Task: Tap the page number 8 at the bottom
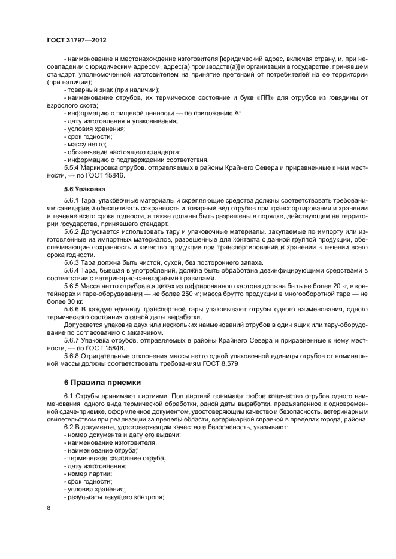pyautogui.click(x=49, y=508)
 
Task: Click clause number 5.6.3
pyautogui.click(x=74, y=262)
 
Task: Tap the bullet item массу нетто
pyautogui.click(x=86, y=144)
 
